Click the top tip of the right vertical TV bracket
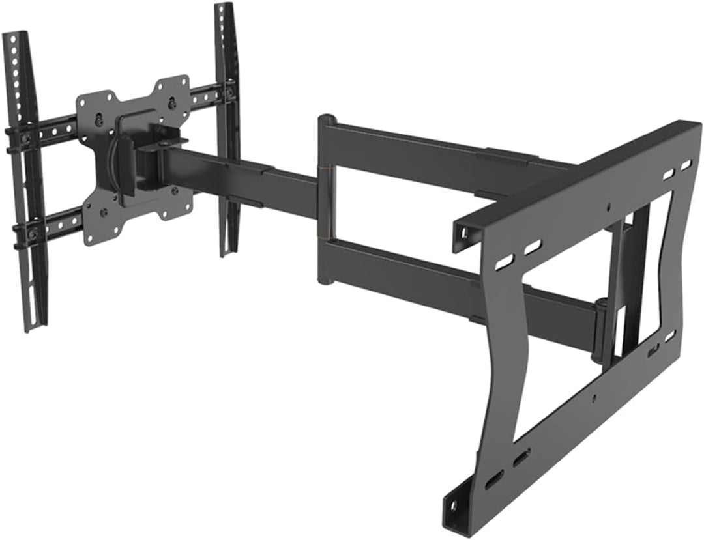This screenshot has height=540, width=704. point(224,7)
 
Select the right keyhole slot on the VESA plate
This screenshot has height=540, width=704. point(171,102)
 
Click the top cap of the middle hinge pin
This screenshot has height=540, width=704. point(327,119)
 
